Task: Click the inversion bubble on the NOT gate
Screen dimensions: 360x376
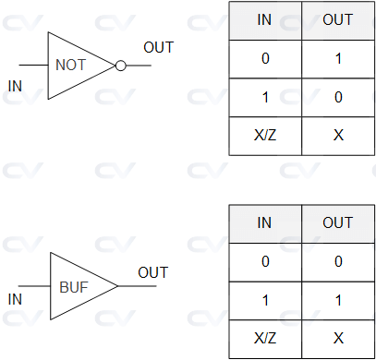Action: [x=119, y=66]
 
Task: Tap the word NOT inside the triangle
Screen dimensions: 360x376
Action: [x=71, y=66]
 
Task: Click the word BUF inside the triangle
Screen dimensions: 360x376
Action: [x=74, y=286]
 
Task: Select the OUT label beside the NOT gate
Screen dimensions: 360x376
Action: [x=158, y=48]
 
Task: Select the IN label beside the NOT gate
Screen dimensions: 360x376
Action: [x=15, y=87]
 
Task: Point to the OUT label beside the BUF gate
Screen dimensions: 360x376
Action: [x=153, y=272]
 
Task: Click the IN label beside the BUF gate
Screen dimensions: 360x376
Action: [x=15, y=299]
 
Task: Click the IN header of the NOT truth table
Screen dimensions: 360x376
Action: [x=264, y=18]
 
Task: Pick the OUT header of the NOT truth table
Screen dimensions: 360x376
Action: [x=337, y=18]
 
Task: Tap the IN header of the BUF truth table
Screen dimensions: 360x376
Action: [x=264, y=222]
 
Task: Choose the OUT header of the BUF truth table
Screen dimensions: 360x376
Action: [x=337, y=222]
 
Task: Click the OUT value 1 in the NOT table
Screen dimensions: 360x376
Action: [x=337, y=57]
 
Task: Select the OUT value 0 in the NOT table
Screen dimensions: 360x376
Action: [x=337, y=97]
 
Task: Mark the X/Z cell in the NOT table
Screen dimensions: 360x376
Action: [x=264, y=135]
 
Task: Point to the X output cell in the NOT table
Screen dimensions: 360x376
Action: [x=337, y=135]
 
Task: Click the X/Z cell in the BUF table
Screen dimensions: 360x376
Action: [x=264, y=339]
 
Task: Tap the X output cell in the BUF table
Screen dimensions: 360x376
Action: [x=337, y=339]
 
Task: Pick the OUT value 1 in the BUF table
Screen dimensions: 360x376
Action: [x=337, y=301]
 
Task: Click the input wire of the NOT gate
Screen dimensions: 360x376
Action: [x=33, y=66]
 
